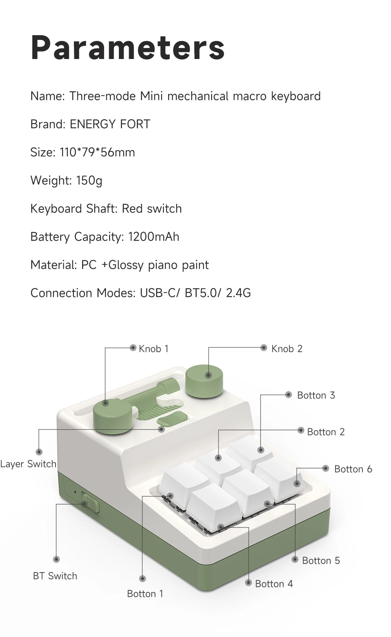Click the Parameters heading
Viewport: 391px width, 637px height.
pyautogui.click(x=128, y=48)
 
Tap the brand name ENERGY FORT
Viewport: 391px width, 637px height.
pyautogui.click(x=110, y=124)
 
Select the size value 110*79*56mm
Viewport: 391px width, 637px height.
pyautogui.click(x=97, y=152)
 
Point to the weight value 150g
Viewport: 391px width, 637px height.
pyautogui.click(x=89, y=181)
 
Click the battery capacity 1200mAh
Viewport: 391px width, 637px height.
pyautogui.click(x=154, y=237)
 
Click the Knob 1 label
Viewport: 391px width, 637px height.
pyautogui.click(x=154, y=349)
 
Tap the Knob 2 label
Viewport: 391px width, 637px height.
pyautogui.click(x=287, y=349)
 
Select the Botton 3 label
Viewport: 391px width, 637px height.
pyautogui.click(x=316, y=395)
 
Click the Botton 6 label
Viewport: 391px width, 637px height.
pyautogui.click(x=353, y=469)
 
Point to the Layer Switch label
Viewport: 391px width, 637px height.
pyautogui.click(x=28, y=464)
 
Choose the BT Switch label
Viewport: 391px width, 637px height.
pyautogui.click(x=55, y=576)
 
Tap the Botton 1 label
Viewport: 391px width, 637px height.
pyautogui.click(x=145, y=594)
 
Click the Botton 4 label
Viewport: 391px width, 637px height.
pyautogui.click(x=274, y=583)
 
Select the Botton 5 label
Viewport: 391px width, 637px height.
pyautogui.click(x=321, y=560)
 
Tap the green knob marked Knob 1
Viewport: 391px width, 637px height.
pyautogui.click(x=113, y=415)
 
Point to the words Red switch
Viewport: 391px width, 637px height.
pyautogui.click(x=152, y=209)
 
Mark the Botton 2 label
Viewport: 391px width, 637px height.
pyautogui.click(x=326, y=432)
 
